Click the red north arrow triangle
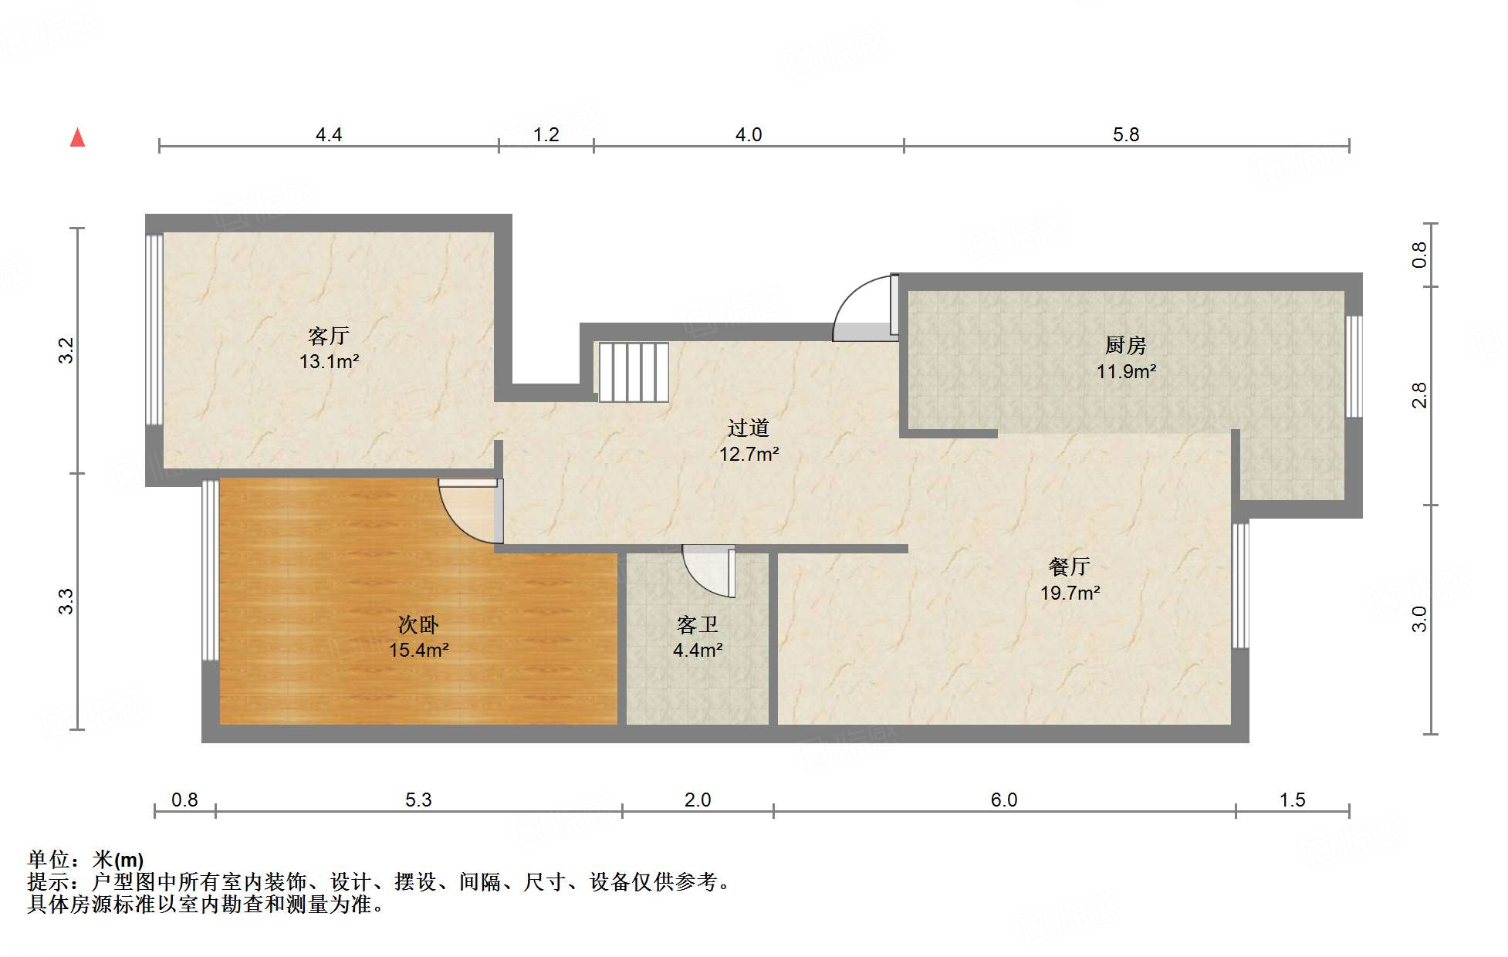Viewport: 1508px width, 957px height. (x=77, y=137)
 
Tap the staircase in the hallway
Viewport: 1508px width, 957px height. (x=633, y=372)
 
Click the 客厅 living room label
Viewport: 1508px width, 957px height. (x=329, y=336)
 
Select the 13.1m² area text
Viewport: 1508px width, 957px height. (x=330, y=361)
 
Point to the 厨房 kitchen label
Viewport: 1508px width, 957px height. (x=1125, y=345)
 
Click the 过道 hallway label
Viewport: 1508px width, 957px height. (x=748, y=428)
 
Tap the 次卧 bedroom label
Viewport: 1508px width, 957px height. (x=418, y=624)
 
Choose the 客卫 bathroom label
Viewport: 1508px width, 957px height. (x=697, y=624)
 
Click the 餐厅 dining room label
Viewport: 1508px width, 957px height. (x=1069, y=566)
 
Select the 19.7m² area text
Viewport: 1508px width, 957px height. (x=1070, y=593)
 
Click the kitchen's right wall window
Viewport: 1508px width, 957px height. (x=1354, y=366)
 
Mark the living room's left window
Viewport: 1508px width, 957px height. (x=154, y=330)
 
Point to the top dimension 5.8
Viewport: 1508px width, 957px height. (x=1125, y=135)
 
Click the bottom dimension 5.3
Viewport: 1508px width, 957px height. (x=418, y=800)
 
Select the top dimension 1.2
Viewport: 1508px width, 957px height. (x=546, y=135)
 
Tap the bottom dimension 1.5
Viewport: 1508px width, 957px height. (x=1292, y=800)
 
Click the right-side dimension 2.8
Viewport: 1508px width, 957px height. (x=1419, y=395)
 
